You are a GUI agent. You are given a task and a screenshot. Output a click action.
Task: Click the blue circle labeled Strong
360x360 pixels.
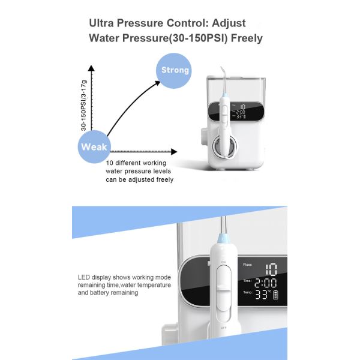(175, 70)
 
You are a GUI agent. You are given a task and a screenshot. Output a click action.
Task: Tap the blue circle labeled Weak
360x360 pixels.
(94, 146)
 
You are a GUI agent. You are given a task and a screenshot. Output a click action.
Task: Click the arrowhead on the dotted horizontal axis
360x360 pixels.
(173, 152)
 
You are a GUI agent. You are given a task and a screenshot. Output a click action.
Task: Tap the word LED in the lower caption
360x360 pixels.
(84, 277)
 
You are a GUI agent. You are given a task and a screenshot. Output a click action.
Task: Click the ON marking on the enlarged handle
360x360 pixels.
(223, 262)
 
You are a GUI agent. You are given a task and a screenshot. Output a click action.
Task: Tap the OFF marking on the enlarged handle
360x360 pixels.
(223, 328)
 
